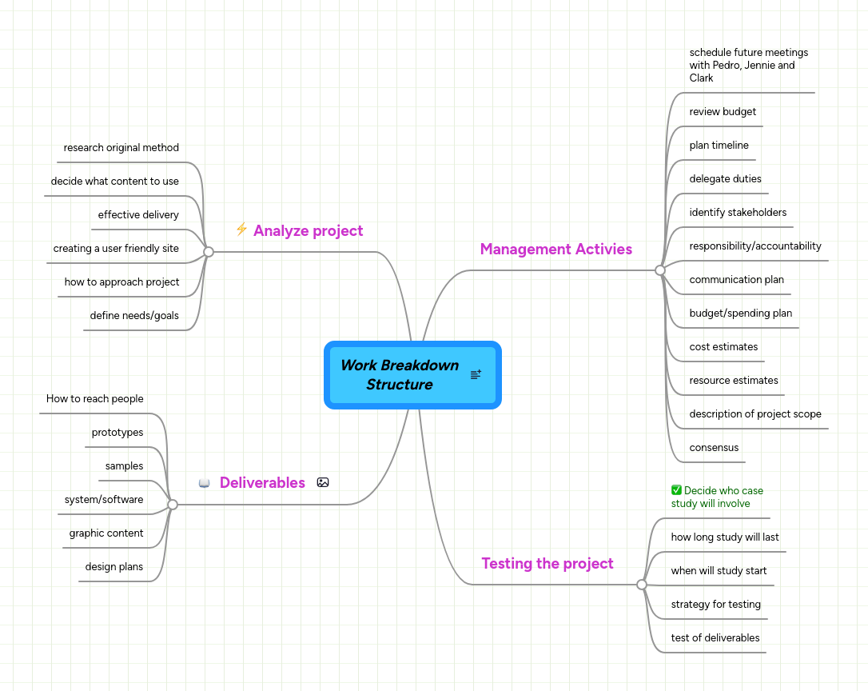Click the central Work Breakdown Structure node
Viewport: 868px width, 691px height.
point(400,375)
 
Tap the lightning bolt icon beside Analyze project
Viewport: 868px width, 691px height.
point(241,230)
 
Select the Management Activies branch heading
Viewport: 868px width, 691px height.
point(555,250)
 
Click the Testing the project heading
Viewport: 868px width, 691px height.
point(547,564)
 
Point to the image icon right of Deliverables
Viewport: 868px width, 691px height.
point(323,482)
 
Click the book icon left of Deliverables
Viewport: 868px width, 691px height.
point(205,483)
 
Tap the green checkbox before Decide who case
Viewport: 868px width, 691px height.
point(676,490)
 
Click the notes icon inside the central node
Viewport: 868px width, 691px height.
point(476,374)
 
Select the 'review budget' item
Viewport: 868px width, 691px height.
point(723,112)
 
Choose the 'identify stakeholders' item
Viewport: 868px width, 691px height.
point(738,213)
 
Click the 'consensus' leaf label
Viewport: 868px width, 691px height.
point(714,448)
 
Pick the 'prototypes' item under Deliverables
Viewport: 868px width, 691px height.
point(117,433)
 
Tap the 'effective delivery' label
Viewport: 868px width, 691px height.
point(138,215)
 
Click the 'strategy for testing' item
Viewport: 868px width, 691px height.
point(715,605)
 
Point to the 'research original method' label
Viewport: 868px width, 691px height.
point(121,148)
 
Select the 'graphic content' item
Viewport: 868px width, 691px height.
point(106,533)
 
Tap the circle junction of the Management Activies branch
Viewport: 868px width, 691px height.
point(660,270)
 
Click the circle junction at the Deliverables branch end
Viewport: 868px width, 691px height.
point(173,505)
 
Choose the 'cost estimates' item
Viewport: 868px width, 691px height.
point(723,347)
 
